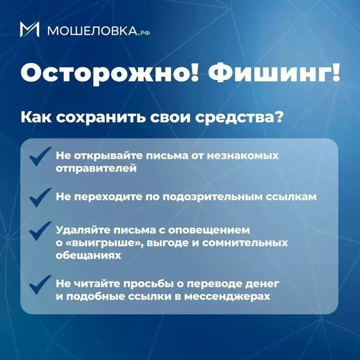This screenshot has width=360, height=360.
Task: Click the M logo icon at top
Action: click(30, 29)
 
